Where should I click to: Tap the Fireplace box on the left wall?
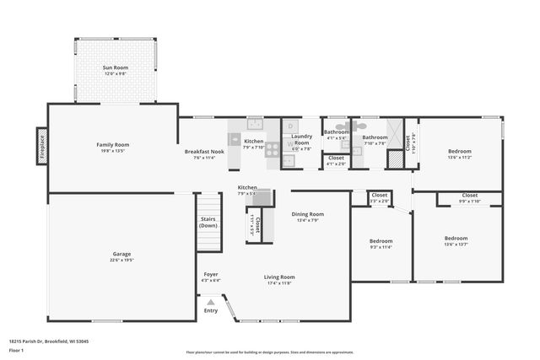tap(40, 144)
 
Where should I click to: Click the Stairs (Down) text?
tap(208, 223)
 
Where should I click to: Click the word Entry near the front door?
tap(210, 310)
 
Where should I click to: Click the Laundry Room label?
tap(301, 140)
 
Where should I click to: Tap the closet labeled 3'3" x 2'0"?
tap(380, 197)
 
